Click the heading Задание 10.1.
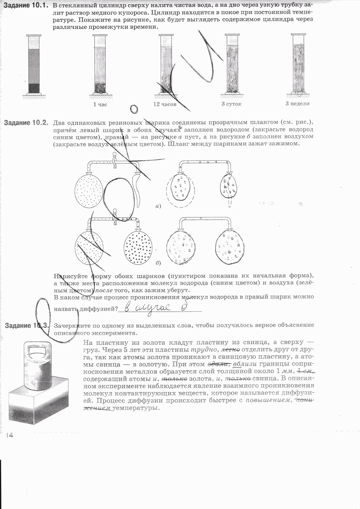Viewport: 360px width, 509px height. (26, 5)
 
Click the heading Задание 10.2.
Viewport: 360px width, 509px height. (26, 122)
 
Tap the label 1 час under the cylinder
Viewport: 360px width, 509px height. (100, 104)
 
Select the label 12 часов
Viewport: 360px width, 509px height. (165, 104)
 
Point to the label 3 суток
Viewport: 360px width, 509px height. (231, 104)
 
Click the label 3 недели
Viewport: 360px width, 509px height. (297, 104)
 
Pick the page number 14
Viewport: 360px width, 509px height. (9, 436)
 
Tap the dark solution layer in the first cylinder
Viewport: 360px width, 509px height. (34, 88)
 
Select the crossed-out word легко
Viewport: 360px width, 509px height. (229, 350)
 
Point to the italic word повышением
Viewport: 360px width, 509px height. (267, 400)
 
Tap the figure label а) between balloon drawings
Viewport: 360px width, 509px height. (158, 206)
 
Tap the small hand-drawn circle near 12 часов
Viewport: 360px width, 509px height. (134, 108)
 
